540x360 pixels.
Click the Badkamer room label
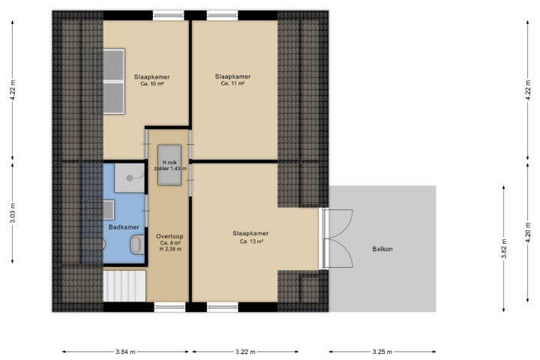point(124,227)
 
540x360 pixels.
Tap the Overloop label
point(169,236)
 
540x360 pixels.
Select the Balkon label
point(382,249)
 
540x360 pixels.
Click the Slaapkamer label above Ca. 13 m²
point(250,233)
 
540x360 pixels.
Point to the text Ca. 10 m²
point(151,84)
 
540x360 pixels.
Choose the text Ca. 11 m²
point(232,83)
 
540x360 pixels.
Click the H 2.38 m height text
point(170,249)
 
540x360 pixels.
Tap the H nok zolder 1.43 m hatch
point(169,165)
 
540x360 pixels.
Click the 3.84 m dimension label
point(125,352)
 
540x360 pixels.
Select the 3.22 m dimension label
point(245,352)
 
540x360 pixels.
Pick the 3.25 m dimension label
point(382,352)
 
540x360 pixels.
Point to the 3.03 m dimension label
point(13,213)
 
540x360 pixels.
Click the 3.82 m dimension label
point(503,249)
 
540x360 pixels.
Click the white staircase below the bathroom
point(124,286)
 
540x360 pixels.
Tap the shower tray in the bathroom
point(130,178)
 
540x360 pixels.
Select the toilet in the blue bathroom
point(137,244)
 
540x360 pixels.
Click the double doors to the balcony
point(338,238)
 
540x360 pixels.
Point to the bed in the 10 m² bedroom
point(114,81)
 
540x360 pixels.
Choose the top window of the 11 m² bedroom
point(223,15)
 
